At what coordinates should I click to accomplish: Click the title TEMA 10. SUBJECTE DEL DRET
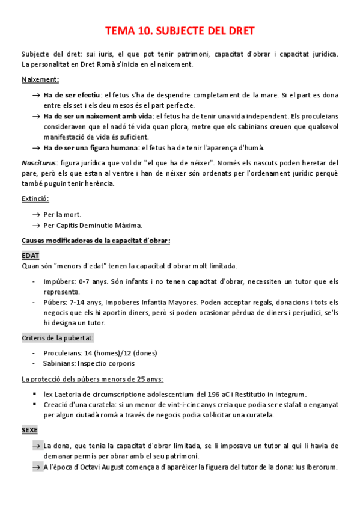(x=180, y=31)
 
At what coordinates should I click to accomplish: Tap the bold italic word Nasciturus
(x=38, y=163)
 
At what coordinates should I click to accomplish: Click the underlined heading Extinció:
(x=35, y=198)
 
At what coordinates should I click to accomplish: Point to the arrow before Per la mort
(x=37, y=214)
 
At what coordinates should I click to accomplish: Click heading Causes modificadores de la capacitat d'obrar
(x=96, y=241)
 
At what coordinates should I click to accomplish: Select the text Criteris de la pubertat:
(x=57, y=338)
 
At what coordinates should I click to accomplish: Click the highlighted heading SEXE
(x=29, y=431)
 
